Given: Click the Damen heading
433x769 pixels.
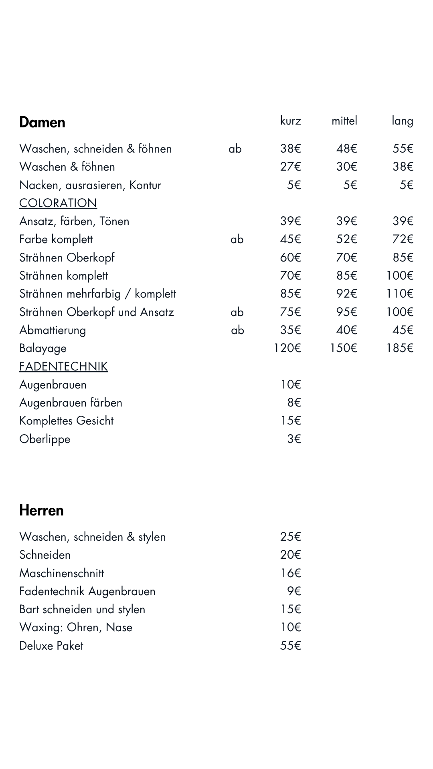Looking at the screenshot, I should (x=42, y=122).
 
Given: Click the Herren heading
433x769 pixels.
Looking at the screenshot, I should (x=41, y=510).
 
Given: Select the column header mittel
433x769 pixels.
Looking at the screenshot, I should (x=344, y=121).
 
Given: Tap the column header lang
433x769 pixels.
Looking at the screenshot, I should (x=402, y=121).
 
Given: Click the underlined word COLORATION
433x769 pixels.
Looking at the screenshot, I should (x=58, y=203).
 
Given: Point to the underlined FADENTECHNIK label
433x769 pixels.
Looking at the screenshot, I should (x=63, y=366).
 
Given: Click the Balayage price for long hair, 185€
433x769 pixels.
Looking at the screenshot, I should (x=399, y=348).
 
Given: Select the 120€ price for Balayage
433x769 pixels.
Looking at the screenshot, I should (x=287, y=348).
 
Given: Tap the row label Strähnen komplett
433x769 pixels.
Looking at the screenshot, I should (x=63, y=276).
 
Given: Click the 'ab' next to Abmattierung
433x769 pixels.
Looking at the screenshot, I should (x=237, y=330).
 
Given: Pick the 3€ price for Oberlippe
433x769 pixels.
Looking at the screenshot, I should (x=294, y=439).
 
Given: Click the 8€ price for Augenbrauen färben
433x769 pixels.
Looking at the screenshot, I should (x=294, y=403).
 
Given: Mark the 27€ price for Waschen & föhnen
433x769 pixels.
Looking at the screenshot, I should (x=290, y=167).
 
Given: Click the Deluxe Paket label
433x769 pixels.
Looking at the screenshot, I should (x=51, y=646).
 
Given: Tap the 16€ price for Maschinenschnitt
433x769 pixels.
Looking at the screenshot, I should (x=290, y=573).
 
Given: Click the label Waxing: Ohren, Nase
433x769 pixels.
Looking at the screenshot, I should (x=76, y=627).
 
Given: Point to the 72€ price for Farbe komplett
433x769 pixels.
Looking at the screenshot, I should (x=403, y=239).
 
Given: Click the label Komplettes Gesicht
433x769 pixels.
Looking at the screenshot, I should (x=67, y=421).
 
